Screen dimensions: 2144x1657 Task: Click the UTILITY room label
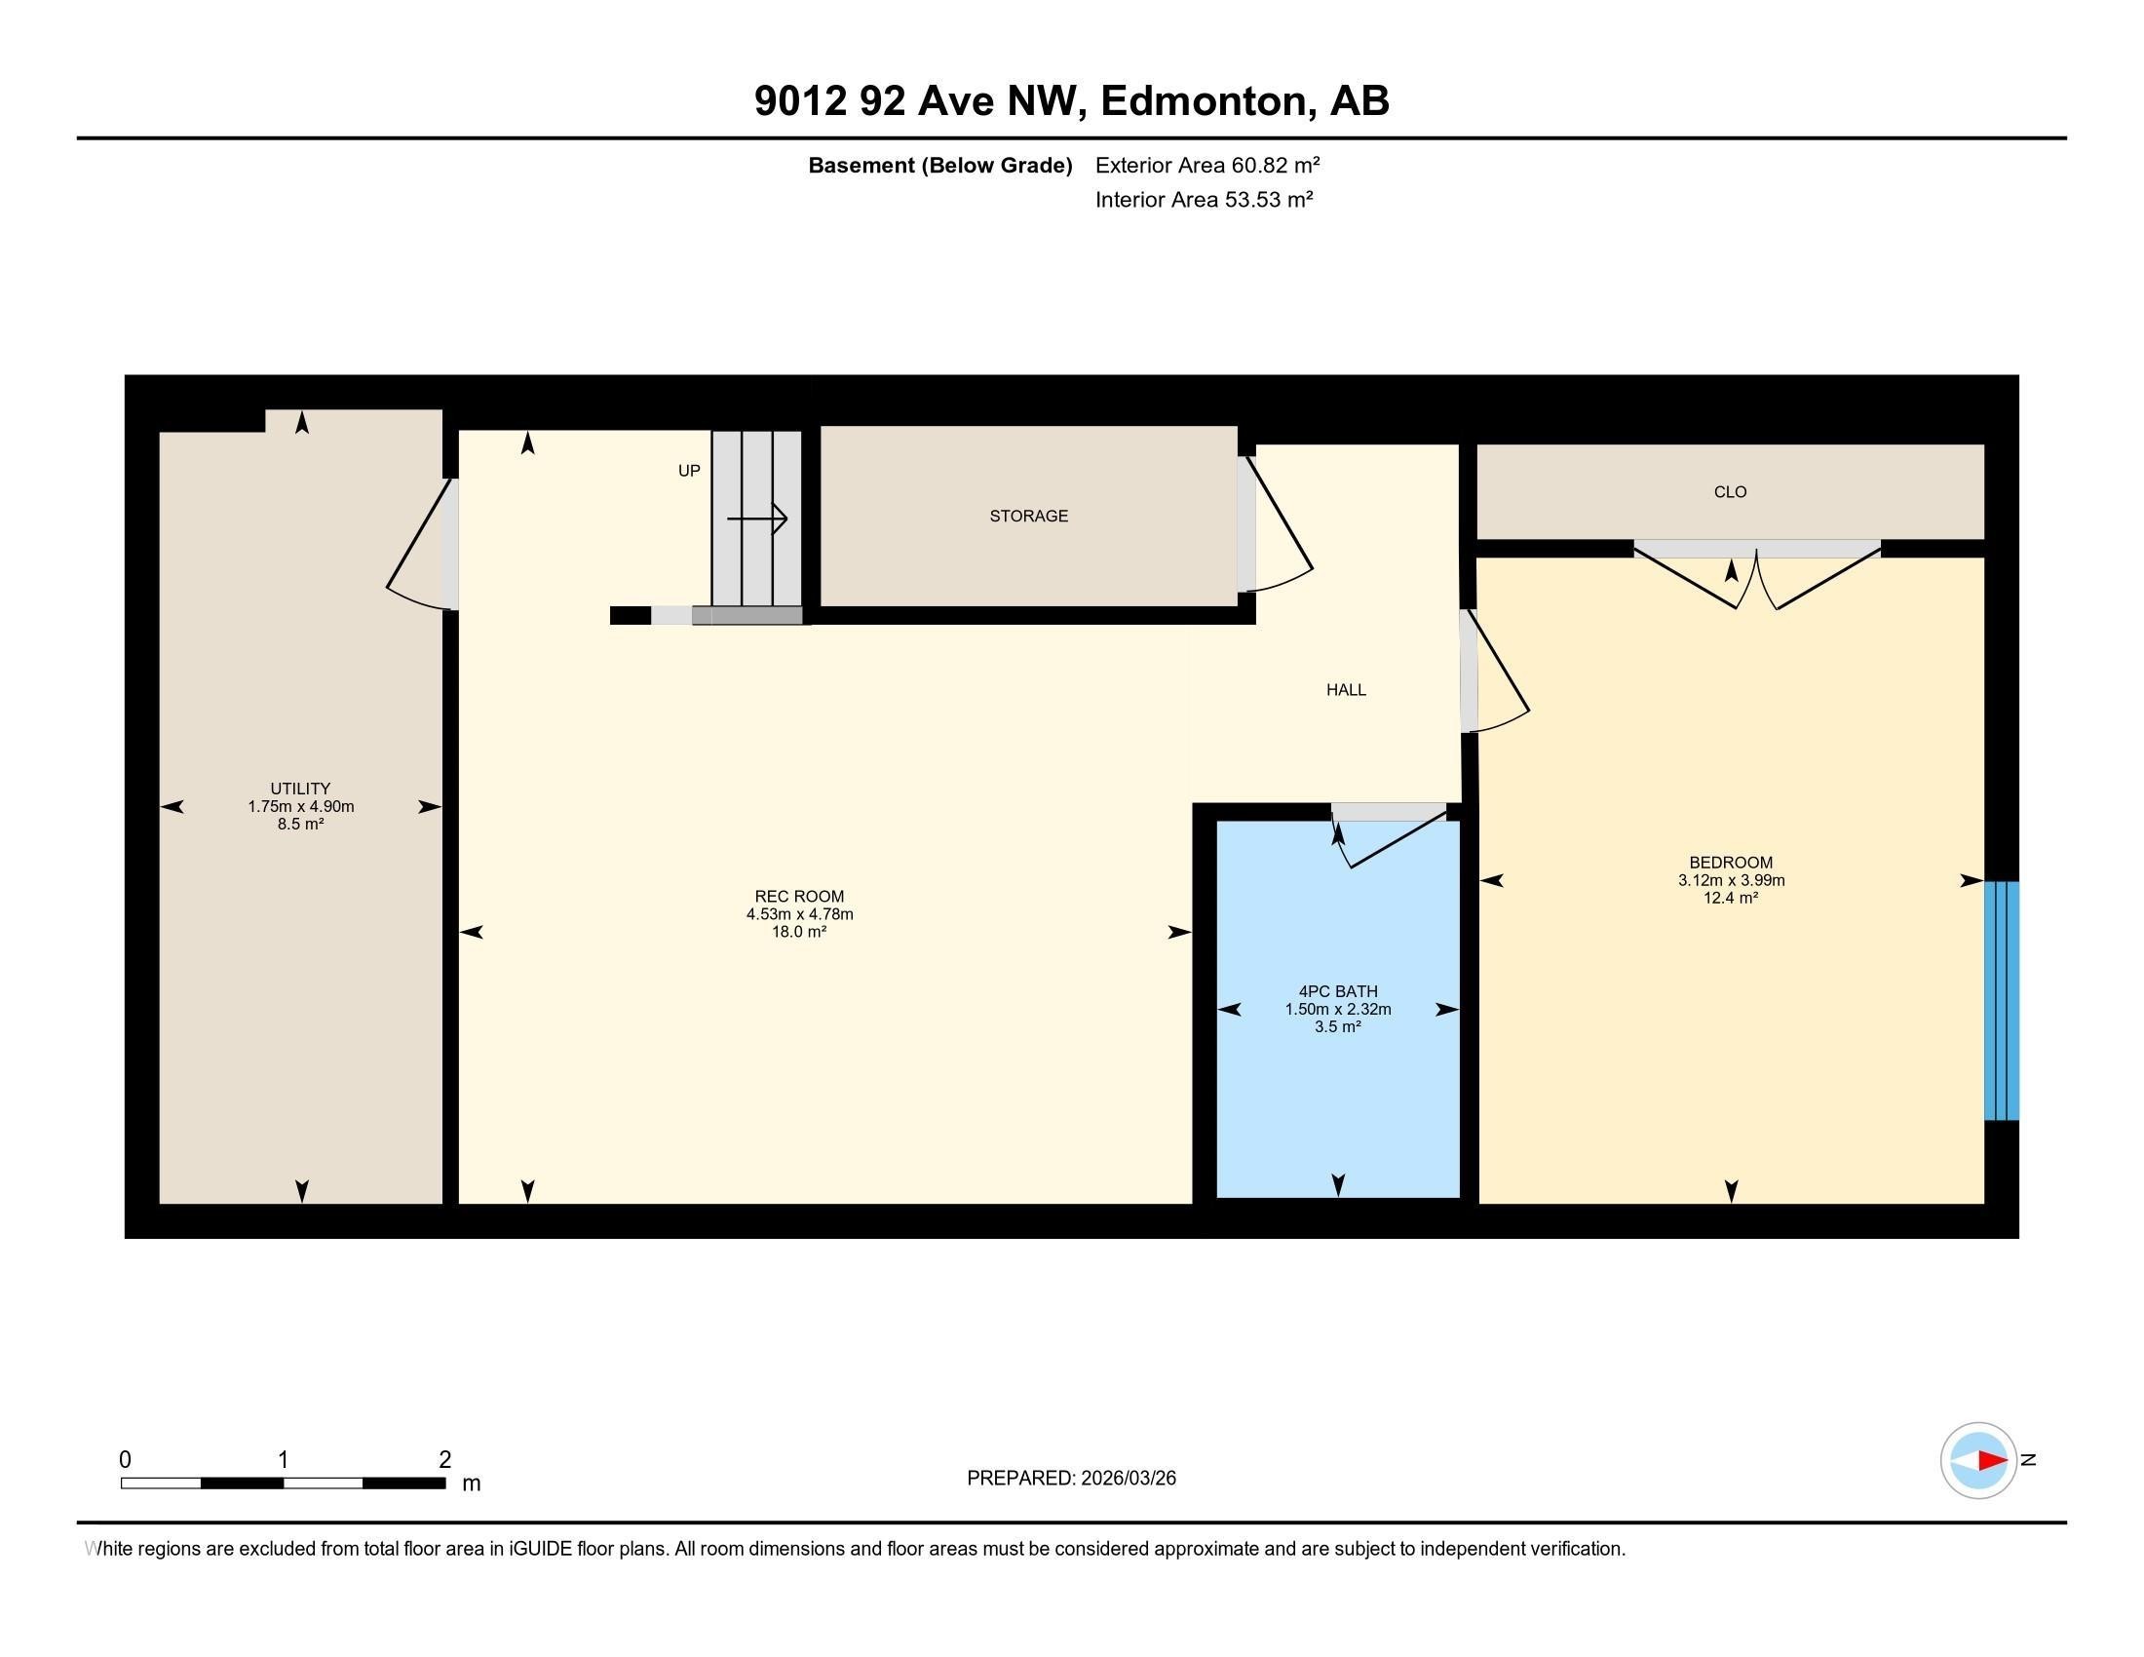tap(300, 789)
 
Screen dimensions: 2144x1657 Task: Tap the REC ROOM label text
tap(799, 896)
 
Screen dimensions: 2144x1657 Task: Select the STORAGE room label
tap(1029, 517)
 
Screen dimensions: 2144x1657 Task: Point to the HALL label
tap(1346, 690)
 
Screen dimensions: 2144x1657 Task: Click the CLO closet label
tap(1731, 492)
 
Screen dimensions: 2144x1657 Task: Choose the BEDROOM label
tap(1731, 863)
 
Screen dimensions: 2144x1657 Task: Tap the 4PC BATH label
tap(1338, 991)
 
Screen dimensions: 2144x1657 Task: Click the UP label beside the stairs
tap(689, 471)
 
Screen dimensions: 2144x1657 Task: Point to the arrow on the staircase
tap(757, 518)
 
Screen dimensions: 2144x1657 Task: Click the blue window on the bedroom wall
tap(2002, 1000)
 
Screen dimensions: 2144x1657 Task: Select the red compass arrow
tap(1992, 1461)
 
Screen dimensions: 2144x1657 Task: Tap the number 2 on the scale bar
tap(444, 1460)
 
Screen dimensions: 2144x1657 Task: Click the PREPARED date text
tap(1071, 1479)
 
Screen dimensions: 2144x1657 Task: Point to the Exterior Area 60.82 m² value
tap(1207, 165)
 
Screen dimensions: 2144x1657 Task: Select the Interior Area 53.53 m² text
tap(1205, 199)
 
